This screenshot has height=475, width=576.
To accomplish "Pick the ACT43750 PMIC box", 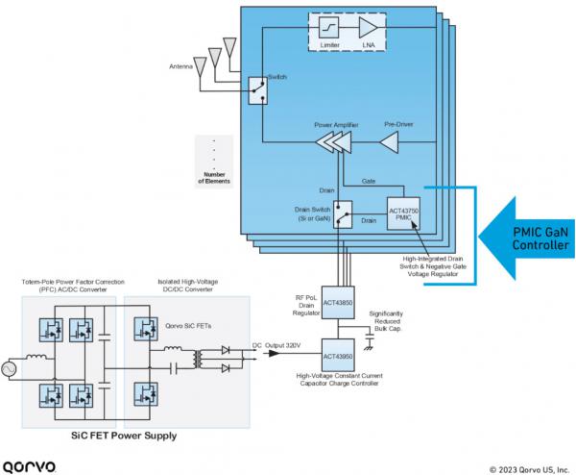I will pyautogui.click(x=398, y=206).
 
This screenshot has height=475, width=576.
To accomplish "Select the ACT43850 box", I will pyautogui.click(x=338, y=301).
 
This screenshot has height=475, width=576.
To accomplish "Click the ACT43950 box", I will pyautogui.click(x=338, y=355).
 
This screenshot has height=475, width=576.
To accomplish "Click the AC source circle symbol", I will pyautogui.click(x=12, y=367).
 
